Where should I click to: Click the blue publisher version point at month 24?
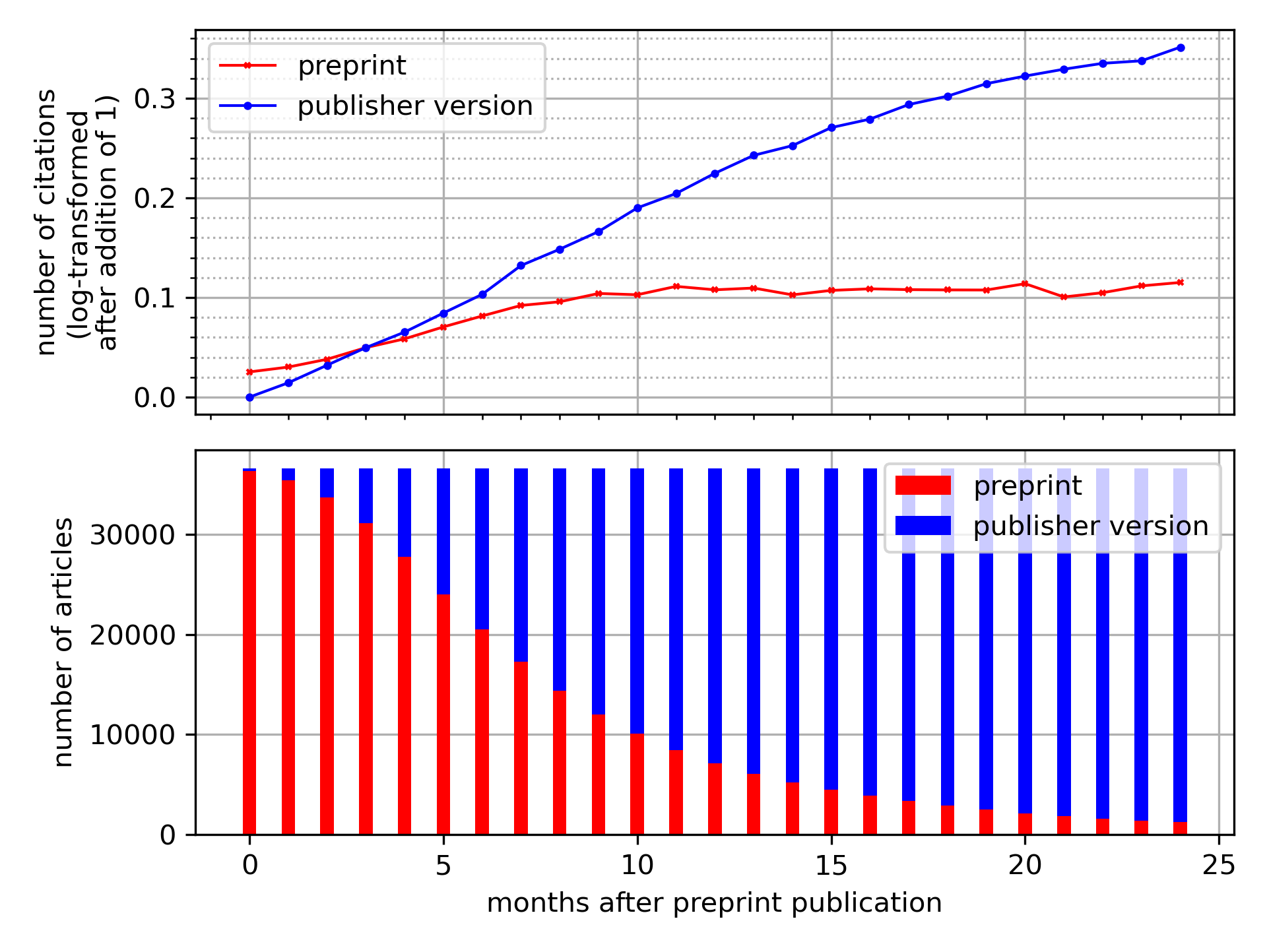[x=1181, y=47]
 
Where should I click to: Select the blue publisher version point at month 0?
[x=249, y=397]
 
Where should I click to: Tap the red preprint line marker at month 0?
[x=249, y=372]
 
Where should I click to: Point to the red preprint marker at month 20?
[x=1025, y=284]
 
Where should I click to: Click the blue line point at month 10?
[x=637, y=208]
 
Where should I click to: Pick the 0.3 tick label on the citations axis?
[x=156, y=99]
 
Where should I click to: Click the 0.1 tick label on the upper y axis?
[x=156, y=298]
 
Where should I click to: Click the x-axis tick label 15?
[x=831, y=864]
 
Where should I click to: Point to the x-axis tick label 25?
[x=1219, y=864]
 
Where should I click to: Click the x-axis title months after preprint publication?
[x=714, y=902]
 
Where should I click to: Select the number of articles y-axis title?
[x=63, y=642]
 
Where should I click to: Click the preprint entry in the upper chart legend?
[x=352, y=65]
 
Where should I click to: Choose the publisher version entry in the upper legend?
[x=414, y=106]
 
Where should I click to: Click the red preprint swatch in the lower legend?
[x=923, y=486]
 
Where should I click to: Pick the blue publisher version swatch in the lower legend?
[x=923, y=526]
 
